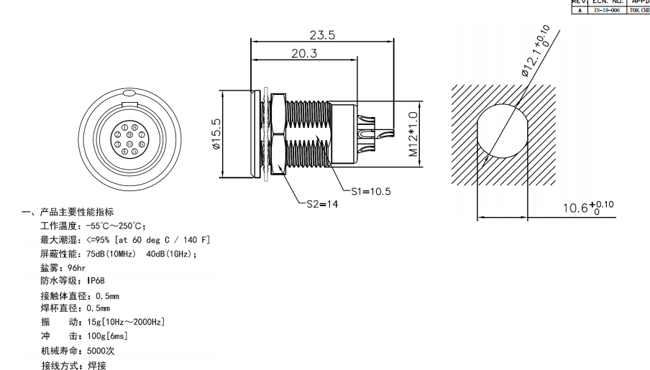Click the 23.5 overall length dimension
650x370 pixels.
pos(321,34)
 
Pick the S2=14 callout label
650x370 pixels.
pos(316,203)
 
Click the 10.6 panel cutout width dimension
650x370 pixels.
pos(587,208)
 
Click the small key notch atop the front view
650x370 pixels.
pos(129,93)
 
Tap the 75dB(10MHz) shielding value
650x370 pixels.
pos(114,253)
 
